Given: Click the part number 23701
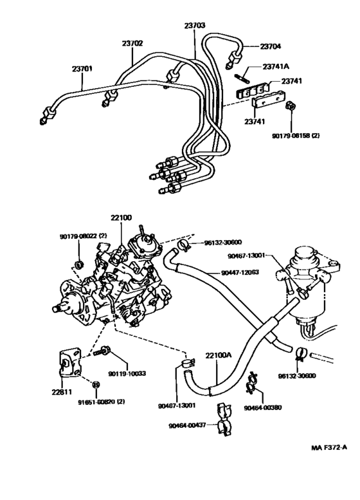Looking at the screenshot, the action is click(82, 69).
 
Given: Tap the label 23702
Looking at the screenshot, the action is click(132, 43).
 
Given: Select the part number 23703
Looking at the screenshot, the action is click(194, 25).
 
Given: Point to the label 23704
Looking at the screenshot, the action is click(271, 46).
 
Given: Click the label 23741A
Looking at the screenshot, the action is click(276, 67).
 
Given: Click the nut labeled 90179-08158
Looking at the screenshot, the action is click(290, 106).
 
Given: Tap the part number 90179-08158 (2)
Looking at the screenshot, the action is click(296, 136).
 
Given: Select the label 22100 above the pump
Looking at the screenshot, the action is click(122, 218).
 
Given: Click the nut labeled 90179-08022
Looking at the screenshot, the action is click(78, 264).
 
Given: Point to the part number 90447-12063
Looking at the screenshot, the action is click(240, 272).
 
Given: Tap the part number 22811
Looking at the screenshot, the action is click(62, 392).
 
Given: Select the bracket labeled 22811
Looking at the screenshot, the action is click(69, 363).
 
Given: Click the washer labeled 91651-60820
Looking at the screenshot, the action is click(95, 385).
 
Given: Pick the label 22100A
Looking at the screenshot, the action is click(218, 355).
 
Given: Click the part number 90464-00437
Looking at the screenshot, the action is click(187, 425).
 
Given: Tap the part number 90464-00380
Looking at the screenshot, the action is click(263, 407).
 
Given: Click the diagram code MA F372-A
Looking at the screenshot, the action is click(329, 447).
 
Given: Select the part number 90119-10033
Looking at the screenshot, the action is click(127, 373).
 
